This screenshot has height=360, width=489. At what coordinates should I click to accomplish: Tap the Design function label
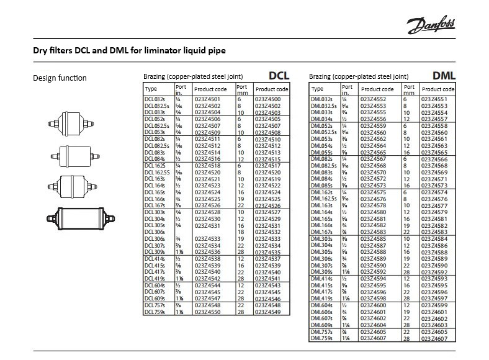(60, 78)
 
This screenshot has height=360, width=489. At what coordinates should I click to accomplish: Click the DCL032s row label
(153, 99)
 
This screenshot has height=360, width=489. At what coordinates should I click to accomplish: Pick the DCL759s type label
(154, 312)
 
